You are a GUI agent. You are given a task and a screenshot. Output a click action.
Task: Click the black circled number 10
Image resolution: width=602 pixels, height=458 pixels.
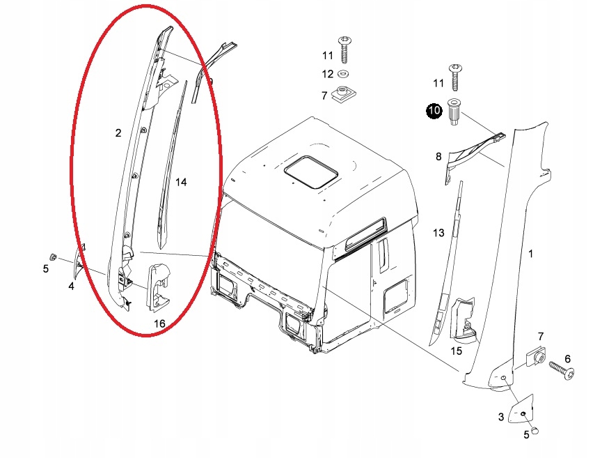(x=434, y=111)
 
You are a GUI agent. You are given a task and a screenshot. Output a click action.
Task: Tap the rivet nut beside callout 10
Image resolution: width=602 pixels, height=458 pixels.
(x=454, y=112)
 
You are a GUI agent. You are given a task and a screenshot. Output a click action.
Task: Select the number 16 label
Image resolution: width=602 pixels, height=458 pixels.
(x=159, y=323)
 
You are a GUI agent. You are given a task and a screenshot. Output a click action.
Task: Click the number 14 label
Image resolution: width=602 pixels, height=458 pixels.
(x=181, y=182)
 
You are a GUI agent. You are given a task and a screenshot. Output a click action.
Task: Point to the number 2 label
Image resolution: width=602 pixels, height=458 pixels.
(x=118, y=133)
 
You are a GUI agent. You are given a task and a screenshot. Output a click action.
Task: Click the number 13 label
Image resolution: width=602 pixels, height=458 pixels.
(x=438, y=233)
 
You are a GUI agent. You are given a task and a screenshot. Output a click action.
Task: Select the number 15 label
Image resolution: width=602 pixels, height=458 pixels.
(x=456, y=351)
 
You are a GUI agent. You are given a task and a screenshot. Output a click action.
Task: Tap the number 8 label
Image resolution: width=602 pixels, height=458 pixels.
(x=438, y=157)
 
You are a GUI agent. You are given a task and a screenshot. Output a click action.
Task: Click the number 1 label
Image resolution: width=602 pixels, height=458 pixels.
(x=530, y=254)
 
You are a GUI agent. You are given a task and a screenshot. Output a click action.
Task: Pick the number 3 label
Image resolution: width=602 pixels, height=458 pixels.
(x=500, y=418)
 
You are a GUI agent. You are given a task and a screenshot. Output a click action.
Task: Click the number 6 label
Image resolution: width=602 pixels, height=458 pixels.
(x=567, y=359)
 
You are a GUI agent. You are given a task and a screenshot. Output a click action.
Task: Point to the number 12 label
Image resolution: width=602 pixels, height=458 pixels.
(x=328, y=74)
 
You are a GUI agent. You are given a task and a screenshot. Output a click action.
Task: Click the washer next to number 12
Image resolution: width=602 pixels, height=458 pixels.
(x=343, y=73)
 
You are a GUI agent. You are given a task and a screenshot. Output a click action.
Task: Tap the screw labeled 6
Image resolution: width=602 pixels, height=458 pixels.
(x=562, y=369)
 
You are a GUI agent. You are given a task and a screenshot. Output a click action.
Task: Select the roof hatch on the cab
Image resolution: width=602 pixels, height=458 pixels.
(x=310, y=172)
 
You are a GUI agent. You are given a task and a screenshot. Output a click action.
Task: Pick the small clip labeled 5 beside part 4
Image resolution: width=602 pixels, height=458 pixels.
(x=54, y=257)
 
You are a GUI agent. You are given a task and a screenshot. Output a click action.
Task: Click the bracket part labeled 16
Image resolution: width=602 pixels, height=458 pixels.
(x=159, y=287)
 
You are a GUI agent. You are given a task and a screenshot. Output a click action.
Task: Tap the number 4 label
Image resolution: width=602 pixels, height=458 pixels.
(x=71, y=286)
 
